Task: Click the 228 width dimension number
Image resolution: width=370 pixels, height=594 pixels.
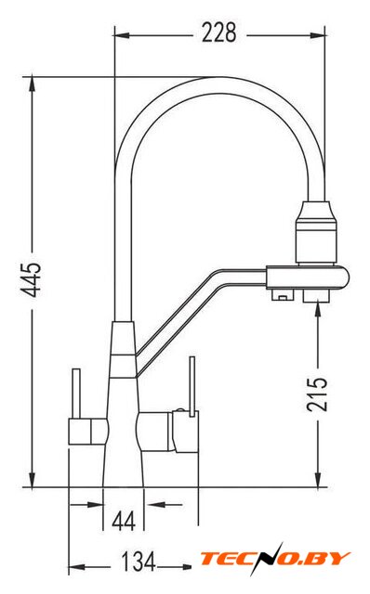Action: (219, 32)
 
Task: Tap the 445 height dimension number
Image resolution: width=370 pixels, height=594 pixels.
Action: (31, 279)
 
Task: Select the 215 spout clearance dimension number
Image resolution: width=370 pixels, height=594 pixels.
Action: (317, 394)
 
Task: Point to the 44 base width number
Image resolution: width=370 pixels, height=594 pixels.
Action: (124, 522)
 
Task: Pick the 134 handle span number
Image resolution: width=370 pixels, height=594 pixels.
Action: (139, 562)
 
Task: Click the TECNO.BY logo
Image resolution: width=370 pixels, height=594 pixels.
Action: (275, 559)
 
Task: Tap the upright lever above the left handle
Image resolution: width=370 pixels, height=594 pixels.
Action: (76, 394)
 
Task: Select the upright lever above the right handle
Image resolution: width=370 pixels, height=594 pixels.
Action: (192, 386)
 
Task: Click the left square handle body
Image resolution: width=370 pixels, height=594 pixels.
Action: (87, 432)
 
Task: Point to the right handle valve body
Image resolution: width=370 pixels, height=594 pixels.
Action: (167, 432)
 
